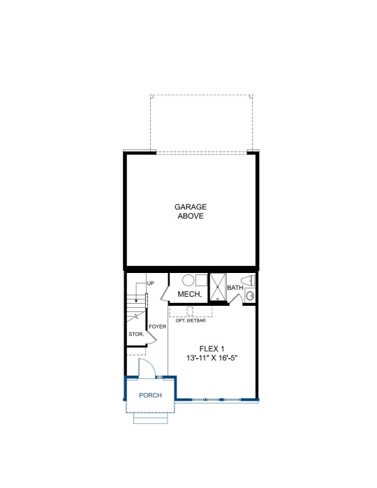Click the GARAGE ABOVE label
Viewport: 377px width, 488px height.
click(191, 212)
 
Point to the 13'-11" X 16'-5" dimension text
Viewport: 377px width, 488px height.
click(212, 358)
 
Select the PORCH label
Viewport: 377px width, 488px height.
click(150, 395)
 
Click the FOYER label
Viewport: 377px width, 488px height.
click(158, 327)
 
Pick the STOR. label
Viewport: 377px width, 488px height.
click(136, 334)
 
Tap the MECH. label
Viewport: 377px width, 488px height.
click(190, 294)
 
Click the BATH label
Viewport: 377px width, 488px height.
click(235, 288)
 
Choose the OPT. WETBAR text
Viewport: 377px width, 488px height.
click(191, 320)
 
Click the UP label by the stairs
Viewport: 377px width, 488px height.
click(151, 283)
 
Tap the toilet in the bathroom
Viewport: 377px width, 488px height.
click(248, 281)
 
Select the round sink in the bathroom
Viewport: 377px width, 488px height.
click(251, 295)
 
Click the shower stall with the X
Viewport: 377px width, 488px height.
click(218, 287)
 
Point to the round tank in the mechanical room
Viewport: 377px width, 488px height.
click(188, 280)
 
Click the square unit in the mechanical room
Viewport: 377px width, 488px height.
click(202, 280)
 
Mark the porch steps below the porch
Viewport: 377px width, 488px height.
click(151, 418)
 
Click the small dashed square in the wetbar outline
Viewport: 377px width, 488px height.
click(190, 311)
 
